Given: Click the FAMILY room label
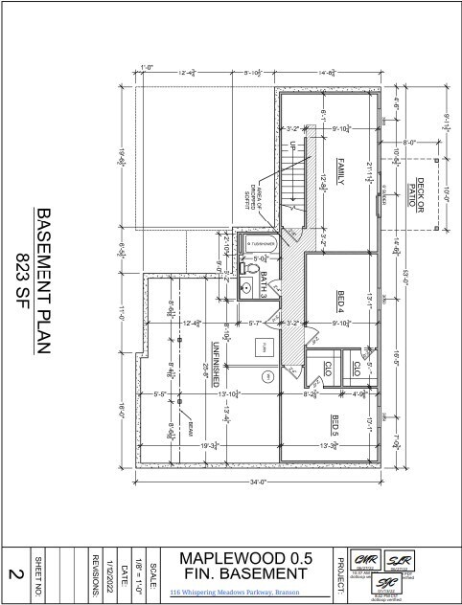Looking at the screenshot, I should click(340, 169).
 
